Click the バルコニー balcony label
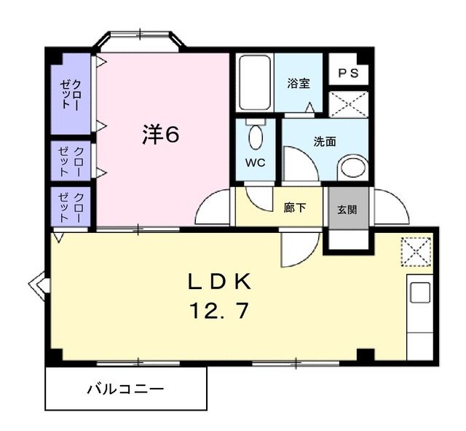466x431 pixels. coord(126,389)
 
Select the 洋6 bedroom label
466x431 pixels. coord(160,135)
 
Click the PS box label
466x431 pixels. coord(347,72)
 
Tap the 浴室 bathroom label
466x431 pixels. coord(299,83)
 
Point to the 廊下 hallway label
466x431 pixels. coord(294,207)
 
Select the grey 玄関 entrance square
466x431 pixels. coord(347,208)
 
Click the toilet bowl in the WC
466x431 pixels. coord(256,136)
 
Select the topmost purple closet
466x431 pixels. coord(71,92)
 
